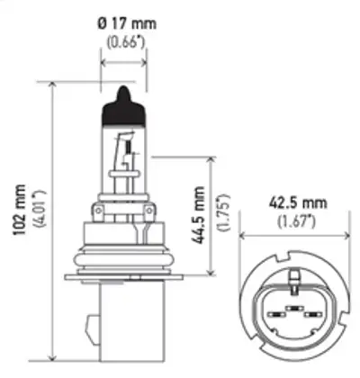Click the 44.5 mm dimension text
(x=199, y=217)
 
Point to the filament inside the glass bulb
(x=126, y=148)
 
